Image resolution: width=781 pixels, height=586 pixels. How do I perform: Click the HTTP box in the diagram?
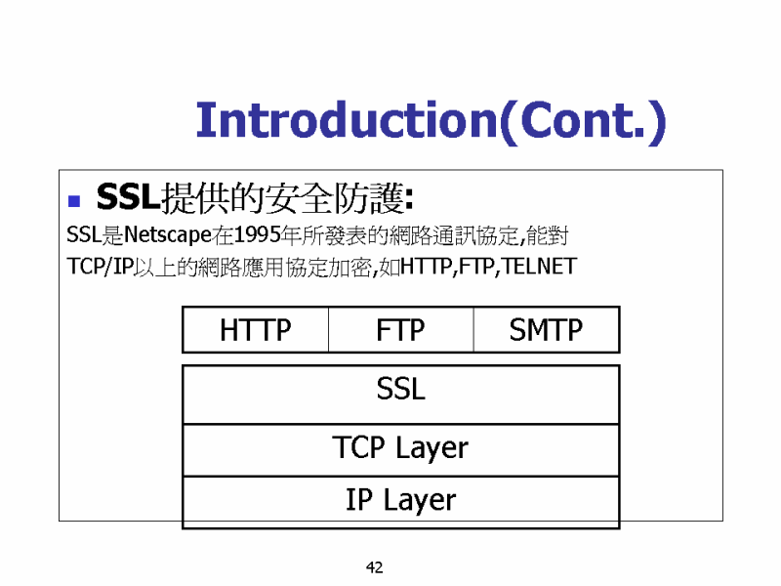coord(256,330)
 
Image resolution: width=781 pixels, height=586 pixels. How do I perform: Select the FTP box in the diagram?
coord(401,330)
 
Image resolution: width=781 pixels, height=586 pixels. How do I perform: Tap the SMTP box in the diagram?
coord(547,330)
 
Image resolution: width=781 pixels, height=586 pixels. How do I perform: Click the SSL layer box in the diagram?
coord(401,395)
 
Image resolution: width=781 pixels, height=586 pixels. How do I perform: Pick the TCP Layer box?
coord(401,450)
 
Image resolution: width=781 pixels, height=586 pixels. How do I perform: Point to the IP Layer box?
coord(401,502)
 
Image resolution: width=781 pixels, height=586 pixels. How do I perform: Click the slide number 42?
coord(375,567)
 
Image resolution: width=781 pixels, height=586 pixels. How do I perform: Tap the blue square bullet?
coord(74,201)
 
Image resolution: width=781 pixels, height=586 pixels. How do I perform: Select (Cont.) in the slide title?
coord(582,121)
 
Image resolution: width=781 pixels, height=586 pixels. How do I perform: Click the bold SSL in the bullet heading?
coord(129,197)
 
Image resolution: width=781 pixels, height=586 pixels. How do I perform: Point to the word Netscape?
coord(168,235)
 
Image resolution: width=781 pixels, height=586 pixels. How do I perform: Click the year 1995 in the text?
coord(257,234)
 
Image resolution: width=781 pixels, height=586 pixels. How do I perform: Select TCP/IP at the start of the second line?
coord(101,267)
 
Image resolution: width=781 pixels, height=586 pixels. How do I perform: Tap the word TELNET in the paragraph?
coord(540,266)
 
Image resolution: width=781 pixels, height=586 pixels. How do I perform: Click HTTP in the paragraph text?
coord(427,266)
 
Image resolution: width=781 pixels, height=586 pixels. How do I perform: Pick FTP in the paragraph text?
coord(476,266)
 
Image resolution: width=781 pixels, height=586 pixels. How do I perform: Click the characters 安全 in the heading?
coord(299,198)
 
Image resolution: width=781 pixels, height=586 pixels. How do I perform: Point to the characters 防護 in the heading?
coord(368,198)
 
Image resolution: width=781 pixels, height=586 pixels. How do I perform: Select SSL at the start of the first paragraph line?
coord(84,234)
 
